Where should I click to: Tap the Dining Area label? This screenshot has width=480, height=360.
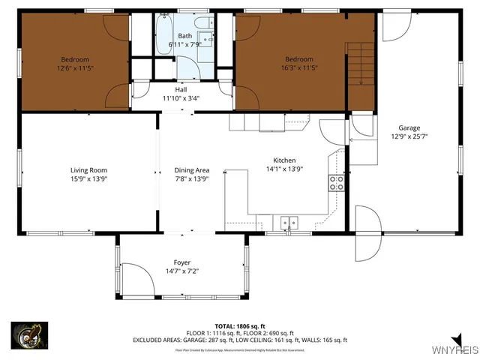point(190,169)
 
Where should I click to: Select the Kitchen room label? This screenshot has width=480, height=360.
point(284,160)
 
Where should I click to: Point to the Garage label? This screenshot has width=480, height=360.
point(409,127)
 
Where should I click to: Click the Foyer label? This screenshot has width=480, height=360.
point(181,262)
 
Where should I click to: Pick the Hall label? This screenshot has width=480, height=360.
point(181,89)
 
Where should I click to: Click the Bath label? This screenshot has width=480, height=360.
point(184,36)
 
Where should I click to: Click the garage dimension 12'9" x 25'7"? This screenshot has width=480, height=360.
point(409,136)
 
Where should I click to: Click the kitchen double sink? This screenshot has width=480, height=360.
point(288,222)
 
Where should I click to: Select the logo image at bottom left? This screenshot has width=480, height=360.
point(30,335)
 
